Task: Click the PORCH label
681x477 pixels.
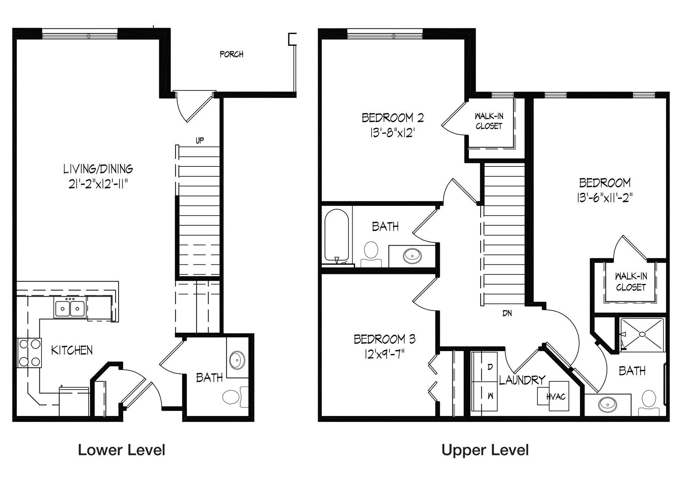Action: coord(232,54)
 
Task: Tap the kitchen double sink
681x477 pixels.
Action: coord(70,308)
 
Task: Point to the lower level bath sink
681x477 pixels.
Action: coord(236,360)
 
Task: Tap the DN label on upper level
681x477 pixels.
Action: coord(507,313)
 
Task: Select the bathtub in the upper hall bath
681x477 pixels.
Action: coord(337,236)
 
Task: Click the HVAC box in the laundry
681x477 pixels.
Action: coord(553,396)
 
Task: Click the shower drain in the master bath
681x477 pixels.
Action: coord(642,334)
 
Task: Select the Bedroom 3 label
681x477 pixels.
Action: coord(385,339)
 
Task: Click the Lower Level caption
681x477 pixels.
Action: coord(122,450)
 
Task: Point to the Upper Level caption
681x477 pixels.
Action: coord(485,450)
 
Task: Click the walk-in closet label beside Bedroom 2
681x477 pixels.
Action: coord(489,121)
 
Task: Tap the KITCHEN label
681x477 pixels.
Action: coord(72,350)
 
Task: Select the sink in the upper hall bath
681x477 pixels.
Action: coord(412,254)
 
